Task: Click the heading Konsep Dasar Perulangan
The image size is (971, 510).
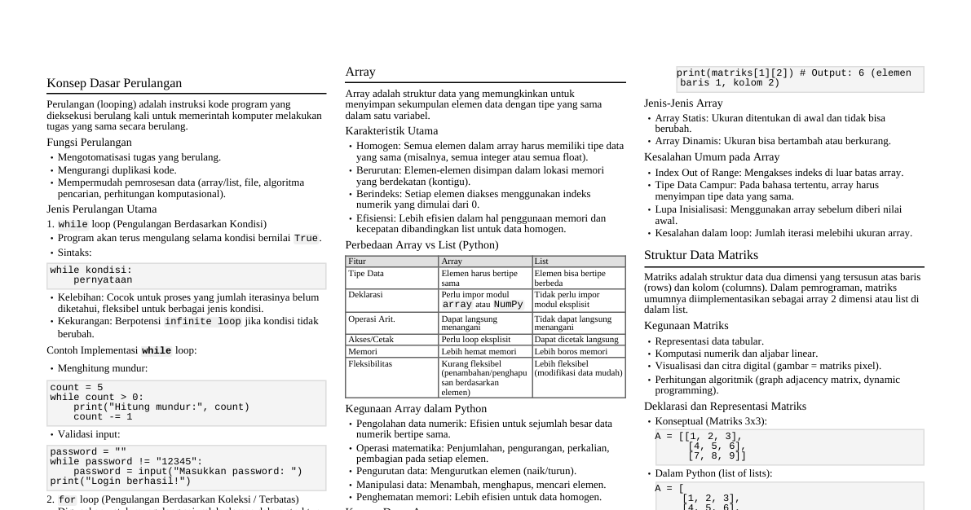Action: (114, 83)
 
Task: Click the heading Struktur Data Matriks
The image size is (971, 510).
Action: (701, 255)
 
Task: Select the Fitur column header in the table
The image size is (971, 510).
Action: (357, 262)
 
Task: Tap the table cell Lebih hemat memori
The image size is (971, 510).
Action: (479, 352)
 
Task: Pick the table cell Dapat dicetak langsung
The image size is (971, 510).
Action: (576, 340)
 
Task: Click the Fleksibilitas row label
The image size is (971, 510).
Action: (370, 364)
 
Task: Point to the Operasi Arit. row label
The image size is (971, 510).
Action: (372, 319)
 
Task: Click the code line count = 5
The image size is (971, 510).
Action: (77, 388)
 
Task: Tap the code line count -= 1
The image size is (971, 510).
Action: (103, 416)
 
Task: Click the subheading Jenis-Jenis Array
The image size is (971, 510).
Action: (683, 103)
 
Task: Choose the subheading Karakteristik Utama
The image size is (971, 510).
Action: (391, 131)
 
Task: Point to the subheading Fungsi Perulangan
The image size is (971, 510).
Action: (89, 143)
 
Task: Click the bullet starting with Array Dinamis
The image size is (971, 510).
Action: (773, 141)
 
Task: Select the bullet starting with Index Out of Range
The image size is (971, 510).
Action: (779, 173)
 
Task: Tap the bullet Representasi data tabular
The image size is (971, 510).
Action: (709, 341)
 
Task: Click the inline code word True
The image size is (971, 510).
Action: (306, 239)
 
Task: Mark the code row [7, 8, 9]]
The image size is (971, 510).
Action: (717, 456)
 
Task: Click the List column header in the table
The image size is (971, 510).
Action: (541, 262)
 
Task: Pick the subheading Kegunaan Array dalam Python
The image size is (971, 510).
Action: (416, 409)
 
